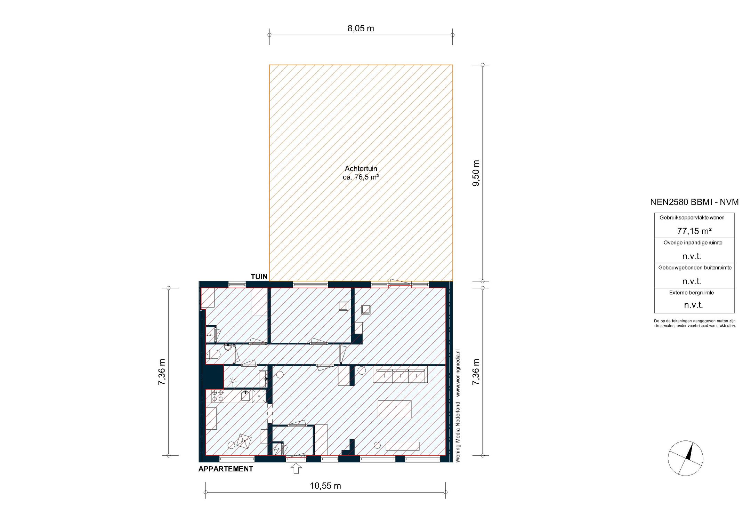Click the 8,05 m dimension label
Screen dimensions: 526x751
point(361,29)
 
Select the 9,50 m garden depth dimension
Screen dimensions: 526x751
point(476,173)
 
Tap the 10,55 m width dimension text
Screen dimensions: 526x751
point(325,486)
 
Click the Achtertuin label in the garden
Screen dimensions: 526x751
point(361,169)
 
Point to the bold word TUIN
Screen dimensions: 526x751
point(259,277)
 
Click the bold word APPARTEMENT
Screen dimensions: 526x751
point(226,469)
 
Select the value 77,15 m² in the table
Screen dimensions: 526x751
point(694,231)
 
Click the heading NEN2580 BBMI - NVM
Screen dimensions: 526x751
point(694,202)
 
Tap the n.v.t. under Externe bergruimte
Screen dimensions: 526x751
point(693,305)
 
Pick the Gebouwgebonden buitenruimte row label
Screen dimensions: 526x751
point(694,268)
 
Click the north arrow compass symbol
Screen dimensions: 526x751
point(685,458)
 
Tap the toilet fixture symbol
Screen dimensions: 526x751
point(214,355)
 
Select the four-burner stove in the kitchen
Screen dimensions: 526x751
point(218,396)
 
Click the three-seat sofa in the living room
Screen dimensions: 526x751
point(400,376)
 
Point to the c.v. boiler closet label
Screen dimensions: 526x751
point(209,334)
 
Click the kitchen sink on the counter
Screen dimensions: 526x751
point(246,396)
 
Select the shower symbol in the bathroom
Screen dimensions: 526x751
point(233,381)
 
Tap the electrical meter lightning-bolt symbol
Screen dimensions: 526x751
point(277,449)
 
